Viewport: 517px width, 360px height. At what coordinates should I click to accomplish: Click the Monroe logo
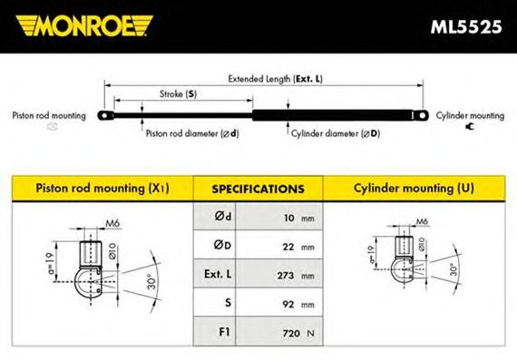[84, 25]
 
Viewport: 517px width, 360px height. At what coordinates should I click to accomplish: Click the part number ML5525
[466, 26]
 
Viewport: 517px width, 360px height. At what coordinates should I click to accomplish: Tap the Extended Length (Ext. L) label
[276, 79]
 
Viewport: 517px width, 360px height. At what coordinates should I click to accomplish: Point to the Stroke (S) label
[178, 94]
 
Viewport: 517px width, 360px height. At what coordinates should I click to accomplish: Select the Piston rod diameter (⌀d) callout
[192, 133]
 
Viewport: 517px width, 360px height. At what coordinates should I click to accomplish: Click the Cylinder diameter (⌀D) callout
[336, 133]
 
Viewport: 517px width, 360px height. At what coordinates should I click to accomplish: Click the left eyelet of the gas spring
[105, 115]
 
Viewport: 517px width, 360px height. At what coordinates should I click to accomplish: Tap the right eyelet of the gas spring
[421, 115]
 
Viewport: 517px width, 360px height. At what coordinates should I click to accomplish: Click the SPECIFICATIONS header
[258, 189]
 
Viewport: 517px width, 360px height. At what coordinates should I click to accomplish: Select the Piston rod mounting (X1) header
[102, 189]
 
